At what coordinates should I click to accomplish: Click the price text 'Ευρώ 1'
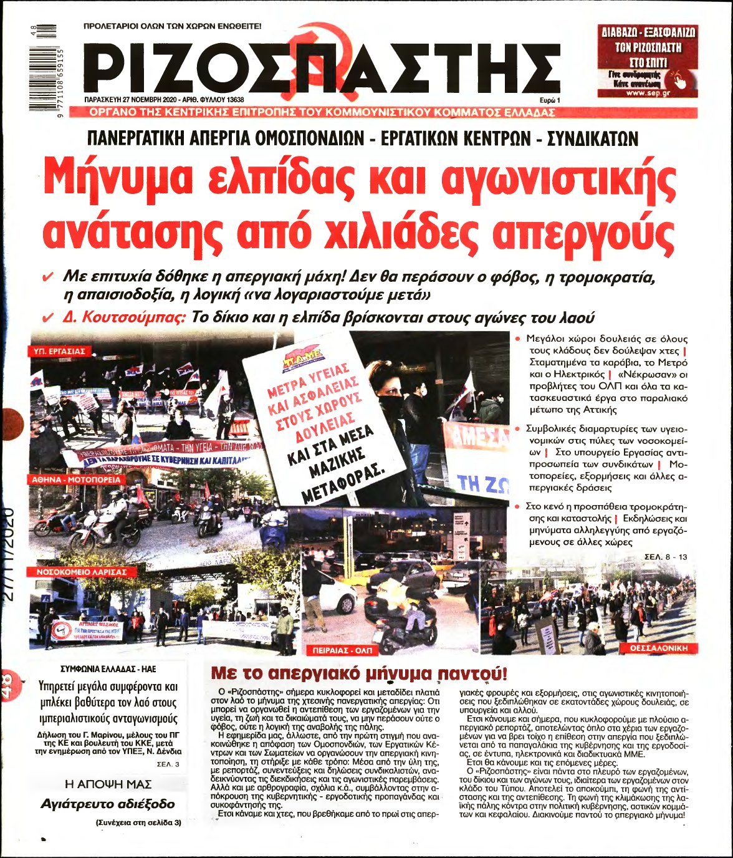coord(550,100)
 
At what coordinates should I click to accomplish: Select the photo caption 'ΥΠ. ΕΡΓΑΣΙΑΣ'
coord(59,352)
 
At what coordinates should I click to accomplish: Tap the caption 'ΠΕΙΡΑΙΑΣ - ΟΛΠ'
coord(342,650)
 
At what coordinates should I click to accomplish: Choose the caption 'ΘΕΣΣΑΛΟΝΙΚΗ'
coord(659,648)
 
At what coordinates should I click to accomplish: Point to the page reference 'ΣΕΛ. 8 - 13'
coord(666,556)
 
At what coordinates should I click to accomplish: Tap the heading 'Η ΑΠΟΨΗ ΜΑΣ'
coord(108,784)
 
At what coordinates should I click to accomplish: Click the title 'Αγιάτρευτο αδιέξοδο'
coord(107,804)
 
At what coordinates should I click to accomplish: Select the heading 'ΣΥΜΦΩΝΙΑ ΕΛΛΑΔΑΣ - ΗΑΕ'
coord(108,668)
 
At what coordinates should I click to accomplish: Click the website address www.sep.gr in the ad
coord(648,93)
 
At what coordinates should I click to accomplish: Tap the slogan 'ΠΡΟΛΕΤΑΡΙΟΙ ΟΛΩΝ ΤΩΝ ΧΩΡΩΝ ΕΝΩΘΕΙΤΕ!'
coord(172,27)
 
